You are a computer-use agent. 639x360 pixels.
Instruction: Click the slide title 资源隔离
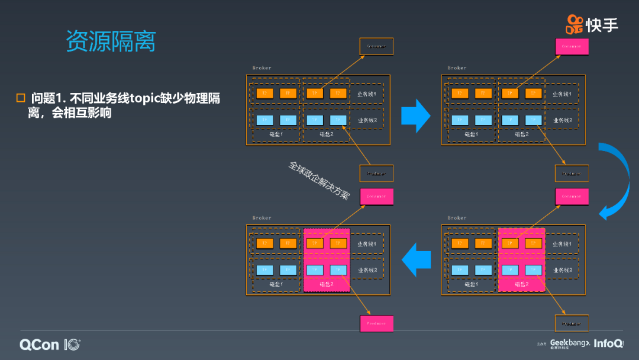[111, 41]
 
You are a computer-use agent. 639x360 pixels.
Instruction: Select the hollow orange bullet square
[21, 98]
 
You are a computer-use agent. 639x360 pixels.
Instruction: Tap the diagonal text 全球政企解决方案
[319, 180]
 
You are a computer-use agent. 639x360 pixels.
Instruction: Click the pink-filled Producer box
[376, 323]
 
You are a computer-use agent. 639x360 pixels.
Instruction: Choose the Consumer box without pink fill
[376, 46]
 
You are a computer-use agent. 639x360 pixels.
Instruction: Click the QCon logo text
[39, 345]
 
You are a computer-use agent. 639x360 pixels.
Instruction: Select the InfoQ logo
[608, 343]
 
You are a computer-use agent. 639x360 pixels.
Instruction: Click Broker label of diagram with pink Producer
[262, 218]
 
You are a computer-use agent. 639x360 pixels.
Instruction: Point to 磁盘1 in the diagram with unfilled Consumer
[277, 134]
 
